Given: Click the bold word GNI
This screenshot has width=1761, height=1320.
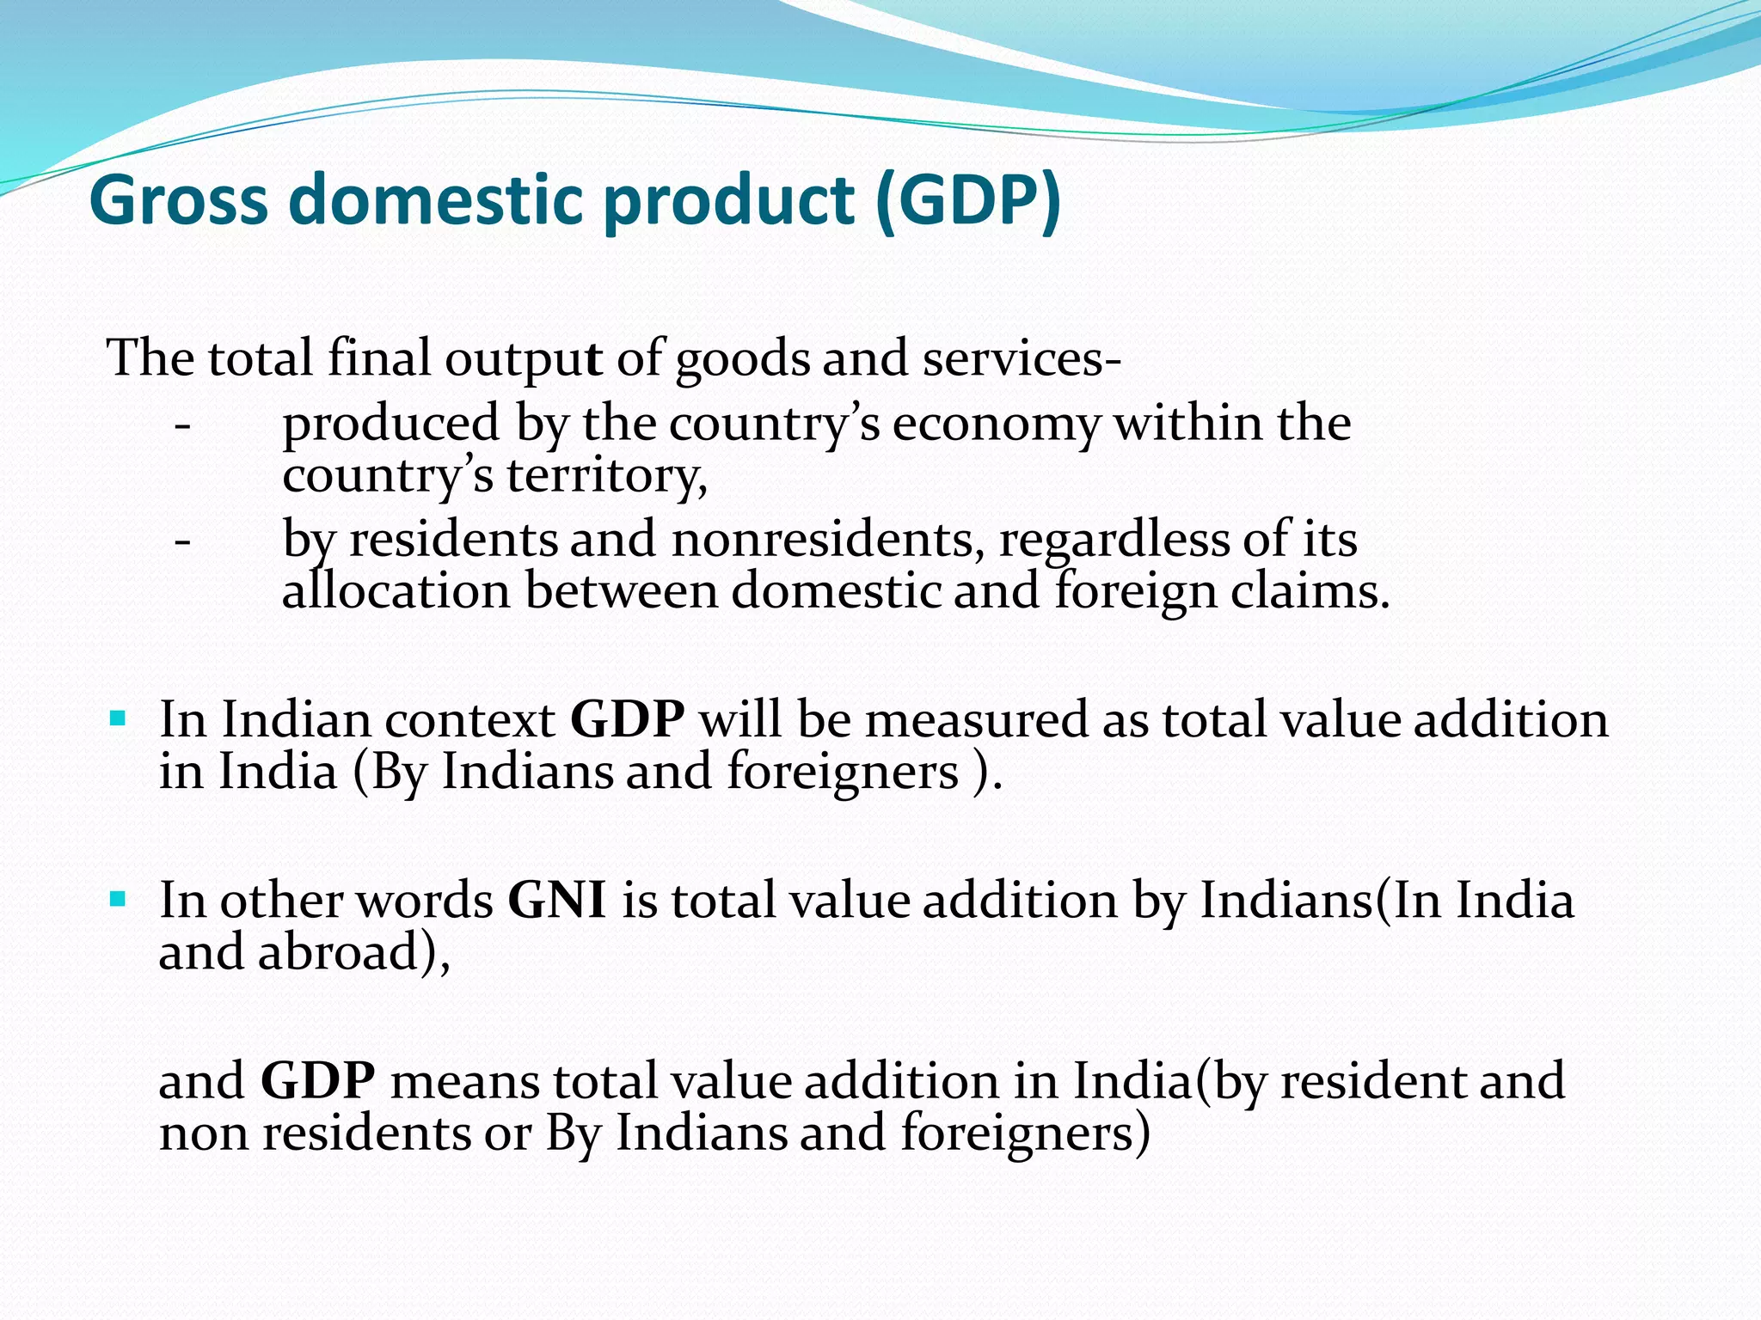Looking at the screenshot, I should tap(557, 901).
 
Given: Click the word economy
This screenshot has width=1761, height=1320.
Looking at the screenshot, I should tap(996, 424).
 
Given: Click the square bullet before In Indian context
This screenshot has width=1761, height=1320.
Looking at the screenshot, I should tap(119, 717).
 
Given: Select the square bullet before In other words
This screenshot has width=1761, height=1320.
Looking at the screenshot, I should tap(119, 899).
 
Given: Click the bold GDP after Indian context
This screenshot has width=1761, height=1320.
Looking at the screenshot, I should tap(628, 719).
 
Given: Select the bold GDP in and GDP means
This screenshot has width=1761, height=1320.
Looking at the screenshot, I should tap(317, 1081).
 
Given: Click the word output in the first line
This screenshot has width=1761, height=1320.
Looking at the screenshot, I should tap(523, 359).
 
